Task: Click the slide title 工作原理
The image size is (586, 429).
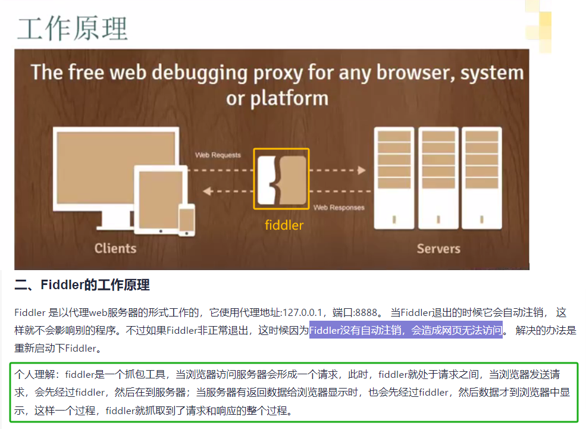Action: coord(73,27)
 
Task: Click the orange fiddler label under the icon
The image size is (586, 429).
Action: coord(284,226)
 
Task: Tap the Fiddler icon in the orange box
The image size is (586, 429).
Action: coord(281,179)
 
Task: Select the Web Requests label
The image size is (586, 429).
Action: coord(218,155)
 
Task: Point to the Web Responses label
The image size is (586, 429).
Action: coord(339,208)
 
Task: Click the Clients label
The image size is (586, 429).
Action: coord(115,248)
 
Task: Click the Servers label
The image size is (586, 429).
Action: coord(438,248)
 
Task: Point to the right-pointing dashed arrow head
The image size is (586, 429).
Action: coord(361,170)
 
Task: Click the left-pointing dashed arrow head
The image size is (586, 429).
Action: coord(207,192)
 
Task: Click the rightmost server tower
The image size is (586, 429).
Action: coord(481,179)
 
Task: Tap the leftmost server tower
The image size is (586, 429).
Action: coord(394,179)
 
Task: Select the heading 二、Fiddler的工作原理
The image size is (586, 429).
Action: coord(82,285)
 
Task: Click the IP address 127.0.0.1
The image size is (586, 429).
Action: coord(303,313)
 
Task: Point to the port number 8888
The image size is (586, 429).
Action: coord(366,313)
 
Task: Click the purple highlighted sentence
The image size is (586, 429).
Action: coord(406,330)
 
